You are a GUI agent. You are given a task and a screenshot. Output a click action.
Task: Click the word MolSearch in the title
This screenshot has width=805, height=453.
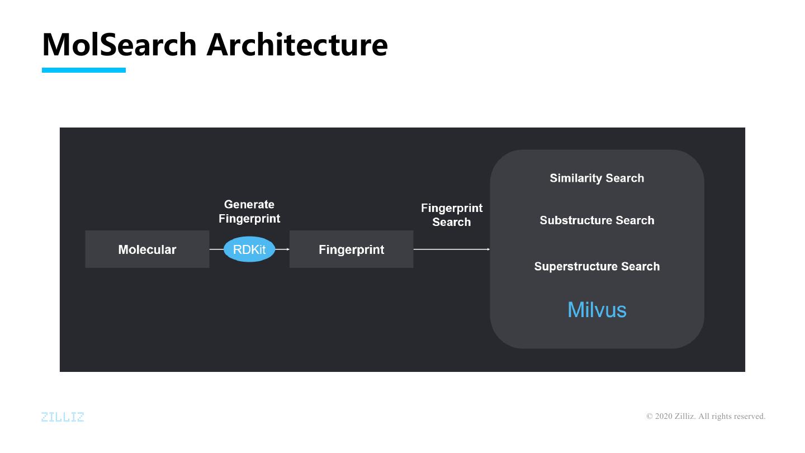(119, 44)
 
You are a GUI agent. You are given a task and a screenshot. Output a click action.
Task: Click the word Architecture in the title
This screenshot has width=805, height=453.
(297, 44)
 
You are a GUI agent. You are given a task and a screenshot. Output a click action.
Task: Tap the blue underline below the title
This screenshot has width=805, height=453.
(84, 70)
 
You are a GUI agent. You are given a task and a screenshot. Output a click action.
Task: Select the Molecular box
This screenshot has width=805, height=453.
(147, 249)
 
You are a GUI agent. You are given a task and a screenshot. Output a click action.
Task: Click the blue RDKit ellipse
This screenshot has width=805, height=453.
(249, 249)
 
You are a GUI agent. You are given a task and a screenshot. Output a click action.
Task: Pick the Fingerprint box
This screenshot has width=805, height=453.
(351, 249)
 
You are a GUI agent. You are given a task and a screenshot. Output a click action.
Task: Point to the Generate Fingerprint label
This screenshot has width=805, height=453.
(249, 211)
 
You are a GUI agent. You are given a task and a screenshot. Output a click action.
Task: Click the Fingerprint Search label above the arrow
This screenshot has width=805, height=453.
(452, 215)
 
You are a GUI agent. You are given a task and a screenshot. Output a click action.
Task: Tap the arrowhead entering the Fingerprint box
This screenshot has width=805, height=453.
(287, 249)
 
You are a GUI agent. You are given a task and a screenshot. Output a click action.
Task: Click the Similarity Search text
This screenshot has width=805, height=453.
(597, 178)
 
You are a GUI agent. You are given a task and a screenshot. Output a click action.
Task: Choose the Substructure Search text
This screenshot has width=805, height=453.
(597, 220)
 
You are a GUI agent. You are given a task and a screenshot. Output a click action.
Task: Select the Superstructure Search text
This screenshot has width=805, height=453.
(597, 266)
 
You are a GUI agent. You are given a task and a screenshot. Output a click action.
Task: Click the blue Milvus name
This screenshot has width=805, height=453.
(597, 309)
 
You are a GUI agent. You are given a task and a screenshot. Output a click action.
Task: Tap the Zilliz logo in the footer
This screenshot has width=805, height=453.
(63, 417)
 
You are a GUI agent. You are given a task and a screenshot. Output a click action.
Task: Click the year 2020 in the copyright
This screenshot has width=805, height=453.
(664, 416)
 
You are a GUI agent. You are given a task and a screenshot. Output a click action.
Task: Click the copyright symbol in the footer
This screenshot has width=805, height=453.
(650, 416)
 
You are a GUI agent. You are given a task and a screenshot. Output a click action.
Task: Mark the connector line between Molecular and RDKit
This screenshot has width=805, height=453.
(216, 249)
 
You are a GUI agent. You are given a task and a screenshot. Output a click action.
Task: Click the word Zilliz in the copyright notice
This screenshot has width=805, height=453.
(686, 416)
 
